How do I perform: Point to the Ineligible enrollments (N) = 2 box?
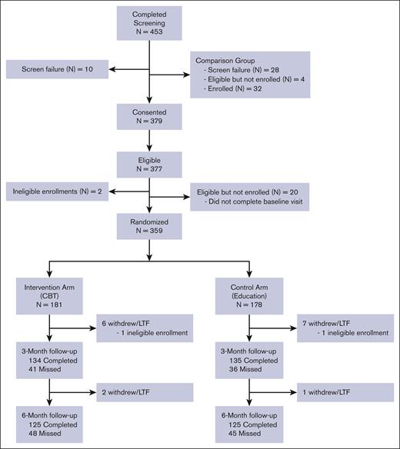point(55,190)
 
